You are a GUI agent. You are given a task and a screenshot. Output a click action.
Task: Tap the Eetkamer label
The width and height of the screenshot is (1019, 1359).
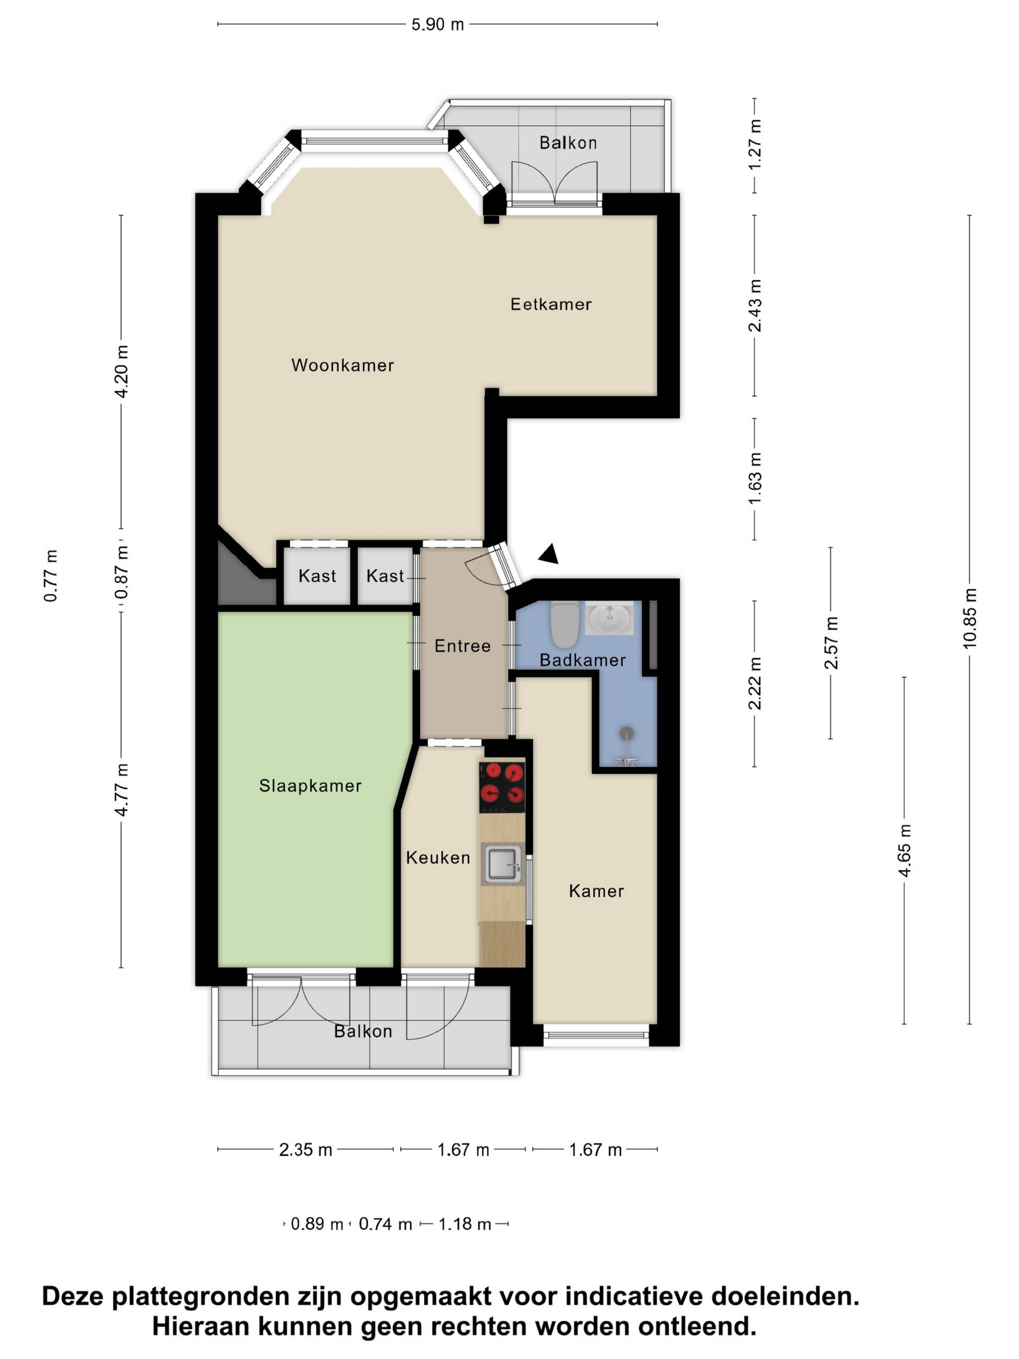point(550,304)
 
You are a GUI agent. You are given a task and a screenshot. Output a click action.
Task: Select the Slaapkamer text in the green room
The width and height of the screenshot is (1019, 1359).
point(310,785)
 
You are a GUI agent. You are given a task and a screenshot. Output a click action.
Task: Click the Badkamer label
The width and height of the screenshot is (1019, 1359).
point(582,660)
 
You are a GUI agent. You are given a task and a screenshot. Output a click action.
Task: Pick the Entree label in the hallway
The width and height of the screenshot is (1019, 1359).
point(462,646)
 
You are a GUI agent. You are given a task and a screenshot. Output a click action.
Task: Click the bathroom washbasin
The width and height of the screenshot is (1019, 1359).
point(609,617)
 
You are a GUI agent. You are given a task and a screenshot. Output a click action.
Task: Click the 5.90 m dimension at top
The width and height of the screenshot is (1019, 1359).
point(437,24)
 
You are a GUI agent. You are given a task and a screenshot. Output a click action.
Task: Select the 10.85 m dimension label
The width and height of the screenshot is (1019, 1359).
point(969,618)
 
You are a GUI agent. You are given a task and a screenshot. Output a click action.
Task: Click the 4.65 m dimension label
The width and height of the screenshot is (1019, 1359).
point(904,851)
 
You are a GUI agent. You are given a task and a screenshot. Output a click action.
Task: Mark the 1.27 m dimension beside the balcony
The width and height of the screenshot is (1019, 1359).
point(754,145)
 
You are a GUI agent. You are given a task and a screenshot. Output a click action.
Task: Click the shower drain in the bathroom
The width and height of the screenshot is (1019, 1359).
point(626,733)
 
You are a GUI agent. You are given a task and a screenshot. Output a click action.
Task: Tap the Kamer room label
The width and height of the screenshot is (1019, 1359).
point(596,891)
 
